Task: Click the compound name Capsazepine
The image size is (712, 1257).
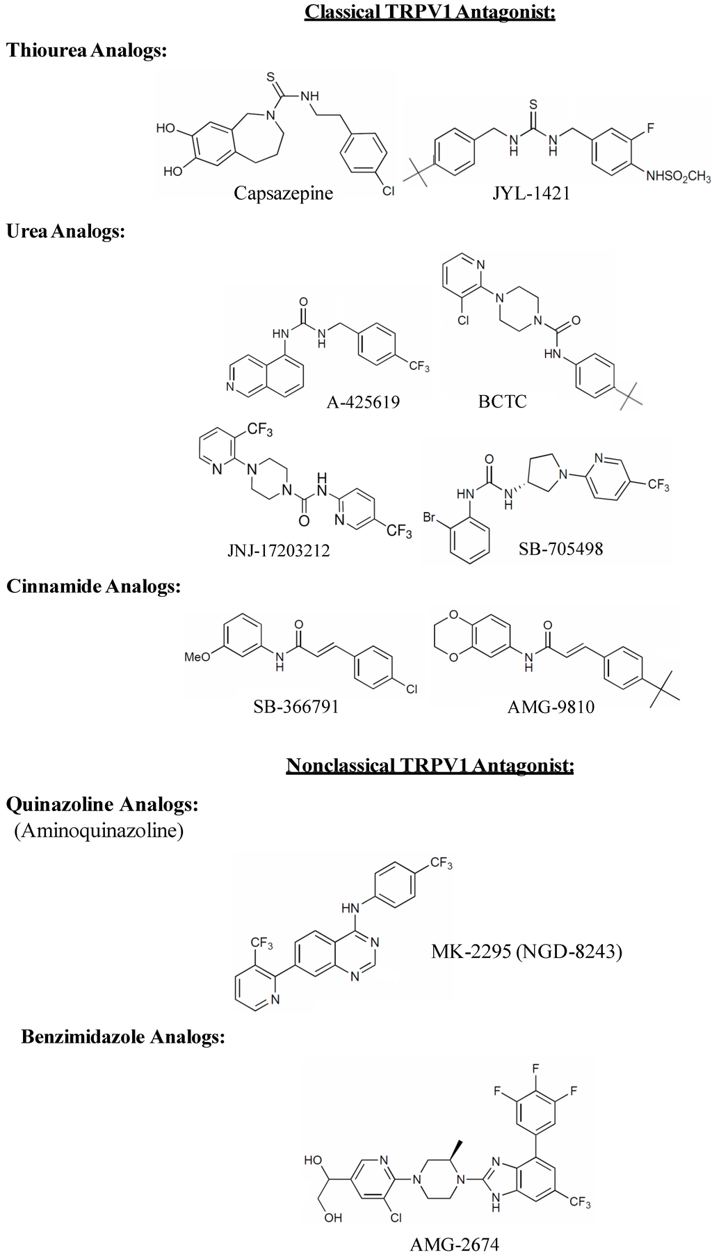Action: (x=283, y=193)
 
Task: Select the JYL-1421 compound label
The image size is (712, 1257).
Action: (x=531, y=193)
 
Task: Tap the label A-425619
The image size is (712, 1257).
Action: (x=363, y=402)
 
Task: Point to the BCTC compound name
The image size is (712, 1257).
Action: (x=502, y=401)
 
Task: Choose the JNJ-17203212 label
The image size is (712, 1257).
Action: (x=278, y=551)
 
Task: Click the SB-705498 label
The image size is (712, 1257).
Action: (x=560, y=549)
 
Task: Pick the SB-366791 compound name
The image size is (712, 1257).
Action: (x=296, y=707)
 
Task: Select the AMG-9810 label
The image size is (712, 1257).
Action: (x=551, y=707)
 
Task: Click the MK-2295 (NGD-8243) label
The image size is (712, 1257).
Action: (x=526, y=951)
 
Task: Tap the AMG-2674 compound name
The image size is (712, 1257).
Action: (x=455, y=1244)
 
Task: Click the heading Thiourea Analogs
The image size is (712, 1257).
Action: (x=87, y=50)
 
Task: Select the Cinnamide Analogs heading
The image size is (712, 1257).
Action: (x=93, y=586)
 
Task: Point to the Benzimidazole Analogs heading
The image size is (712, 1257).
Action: (x=123, y=1036)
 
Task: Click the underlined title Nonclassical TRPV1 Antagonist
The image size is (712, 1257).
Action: (x=430, y=766)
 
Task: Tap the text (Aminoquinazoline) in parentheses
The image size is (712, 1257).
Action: (x=99, y=831)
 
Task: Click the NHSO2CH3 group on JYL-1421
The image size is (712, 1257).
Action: (x=678, y=177)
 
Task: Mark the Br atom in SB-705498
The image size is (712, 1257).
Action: (x=429, y=518)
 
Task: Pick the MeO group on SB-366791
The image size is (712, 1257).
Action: (x=197, y=657)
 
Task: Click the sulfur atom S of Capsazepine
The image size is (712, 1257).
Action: (x=270, y=77)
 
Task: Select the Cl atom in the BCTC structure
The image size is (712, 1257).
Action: (x=463, y=320)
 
